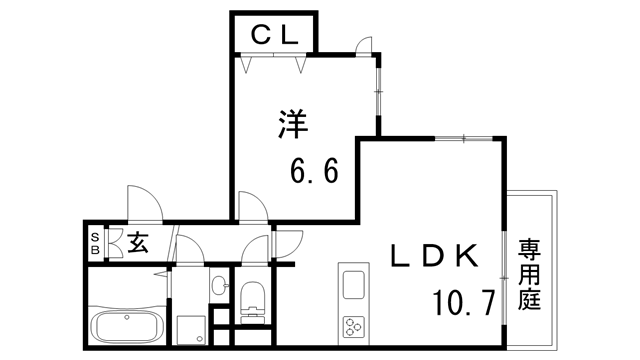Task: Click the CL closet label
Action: pos(273,35)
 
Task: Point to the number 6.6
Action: pos(314,171)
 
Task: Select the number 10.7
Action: pos(463,301)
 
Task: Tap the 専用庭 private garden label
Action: pos(527,271)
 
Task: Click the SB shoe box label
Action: pos(95,243)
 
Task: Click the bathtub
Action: pos(127,325)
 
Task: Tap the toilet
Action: pos(252,296)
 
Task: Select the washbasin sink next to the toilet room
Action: pos(217,287)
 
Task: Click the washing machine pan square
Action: pos(189,329)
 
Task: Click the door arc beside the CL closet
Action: pos(364,46)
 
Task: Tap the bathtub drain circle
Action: pos(127,318)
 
